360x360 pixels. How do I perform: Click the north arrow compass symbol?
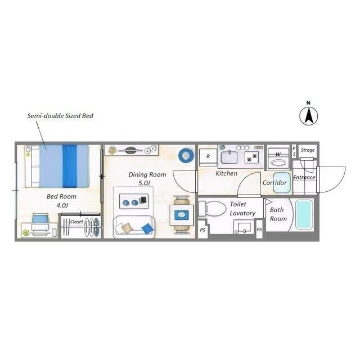309,116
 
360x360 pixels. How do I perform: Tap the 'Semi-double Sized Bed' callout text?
60,116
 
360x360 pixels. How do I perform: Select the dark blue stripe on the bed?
69,166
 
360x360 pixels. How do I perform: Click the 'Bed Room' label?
61,196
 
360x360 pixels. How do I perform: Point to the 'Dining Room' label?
147,175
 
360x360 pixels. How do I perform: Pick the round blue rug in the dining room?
186,156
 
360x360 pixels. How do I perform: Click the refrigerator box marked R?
208,157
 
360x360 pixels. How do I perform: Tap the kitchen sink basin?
229,157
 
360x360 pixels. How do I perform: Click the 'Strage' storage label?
308,150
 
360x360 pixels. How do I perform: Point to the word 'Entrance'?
304,178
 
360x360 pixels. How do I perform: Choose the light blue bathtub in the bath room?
304,215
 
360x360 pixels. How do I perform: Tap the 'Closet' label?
76,222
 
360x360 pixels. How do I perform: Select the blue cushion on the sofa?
147,228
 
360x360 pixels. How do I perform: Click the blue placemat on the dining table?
182,215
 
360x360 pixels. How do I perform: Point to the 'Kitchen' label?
226,173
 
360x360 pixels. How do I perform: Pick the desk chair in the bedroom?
40,223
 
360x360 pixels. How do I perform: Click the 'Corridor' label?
274,183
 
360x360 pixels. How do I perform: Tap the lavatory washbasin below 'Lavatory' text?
244,227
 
